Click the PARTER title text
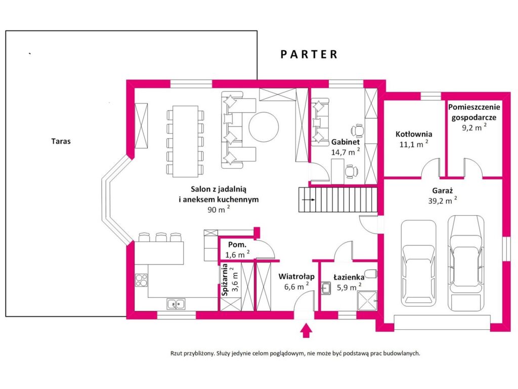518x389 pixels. [x=309, y=54]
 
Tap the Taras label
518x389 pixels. [x=61, y=141]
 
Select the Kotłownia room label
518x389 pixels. [x=414, y=134]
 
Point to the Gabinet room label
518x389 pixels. [x=346, y=142]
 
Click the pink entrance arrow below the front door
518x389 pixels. [x=307, y=330]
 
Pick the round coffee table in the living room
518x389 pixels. [x=264, y=127]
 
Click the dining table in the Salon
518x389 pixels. [x=186, y=141]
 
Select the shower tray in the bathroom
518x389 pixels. [x=367, y=301]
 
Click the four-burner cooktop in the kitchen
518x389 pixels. [x=142, y=281]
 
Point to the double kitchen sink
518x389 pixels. [x=176, y=304]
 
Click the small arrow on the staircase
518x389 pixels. [x=308, y=200]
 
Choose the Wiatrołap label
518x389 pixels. [x=296, y=276]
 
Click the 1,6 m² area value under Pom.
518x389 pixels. [x=237, y=254]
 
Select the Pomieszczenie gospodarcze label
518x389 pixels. [x=474, y=112]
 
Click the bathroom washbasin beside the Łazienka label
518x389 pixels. [x=326, y=288]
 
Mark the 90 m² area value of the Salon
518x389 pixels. [x=219, y=209]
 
